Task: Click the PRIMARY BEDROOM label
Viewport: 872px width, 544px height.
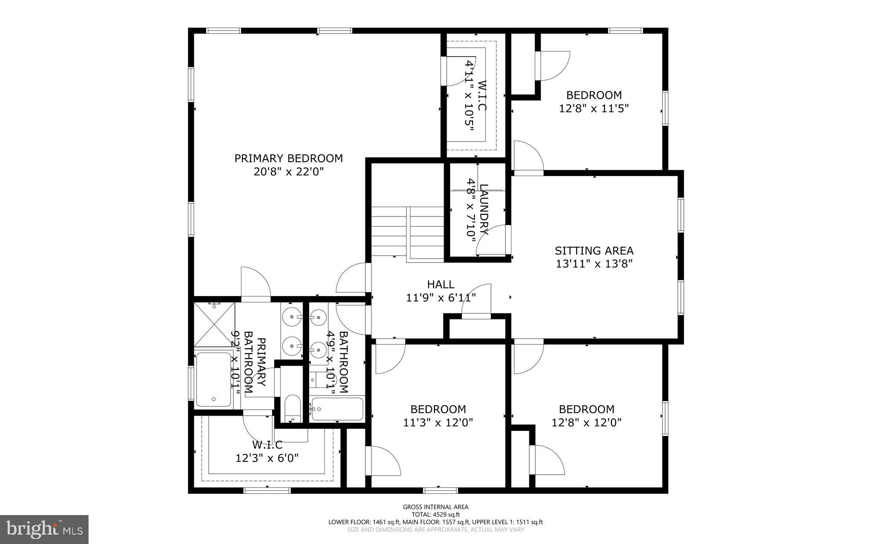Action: tap(288, 158)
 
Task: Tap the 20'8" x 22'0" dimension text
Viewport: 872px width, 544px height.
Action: tap(288, 172)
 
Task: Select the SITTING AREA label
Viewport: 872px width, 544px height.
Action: tap(594, 251)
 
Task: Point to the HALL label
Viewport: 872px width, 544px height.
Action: tap(441, 284)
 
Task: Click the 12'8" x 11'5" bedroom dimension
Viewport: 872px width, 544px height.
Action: tap(594, 108)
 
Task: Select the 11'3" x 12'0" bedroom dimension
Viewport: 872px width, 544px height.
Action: tap(438, 423)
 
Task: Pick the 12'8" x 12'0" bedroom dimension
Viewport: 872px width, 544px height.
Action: tap(586, 423)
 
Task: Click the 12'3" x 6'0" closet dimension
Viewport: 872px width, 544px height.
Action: tap(267, 458)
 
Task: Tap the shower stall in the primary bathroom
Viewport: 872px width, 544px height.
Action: tap(214, 324)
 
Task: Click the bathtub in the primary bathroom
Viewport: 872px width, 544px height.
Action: tap(213, 379)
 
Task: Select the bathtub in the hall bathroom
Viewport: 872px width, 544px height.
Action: tap(337, 409)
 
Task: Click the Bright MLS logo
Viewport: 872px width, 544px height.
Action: tap(44, 529)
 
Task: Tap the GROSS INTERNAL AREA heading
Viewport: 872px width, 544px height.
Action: tap(436, 507)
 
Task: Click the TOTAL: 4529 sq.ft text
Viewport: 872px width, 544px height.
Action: tap(436, 514)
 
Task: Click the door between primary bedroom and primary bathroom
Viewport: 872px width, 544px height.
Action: tap(255, 284)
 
